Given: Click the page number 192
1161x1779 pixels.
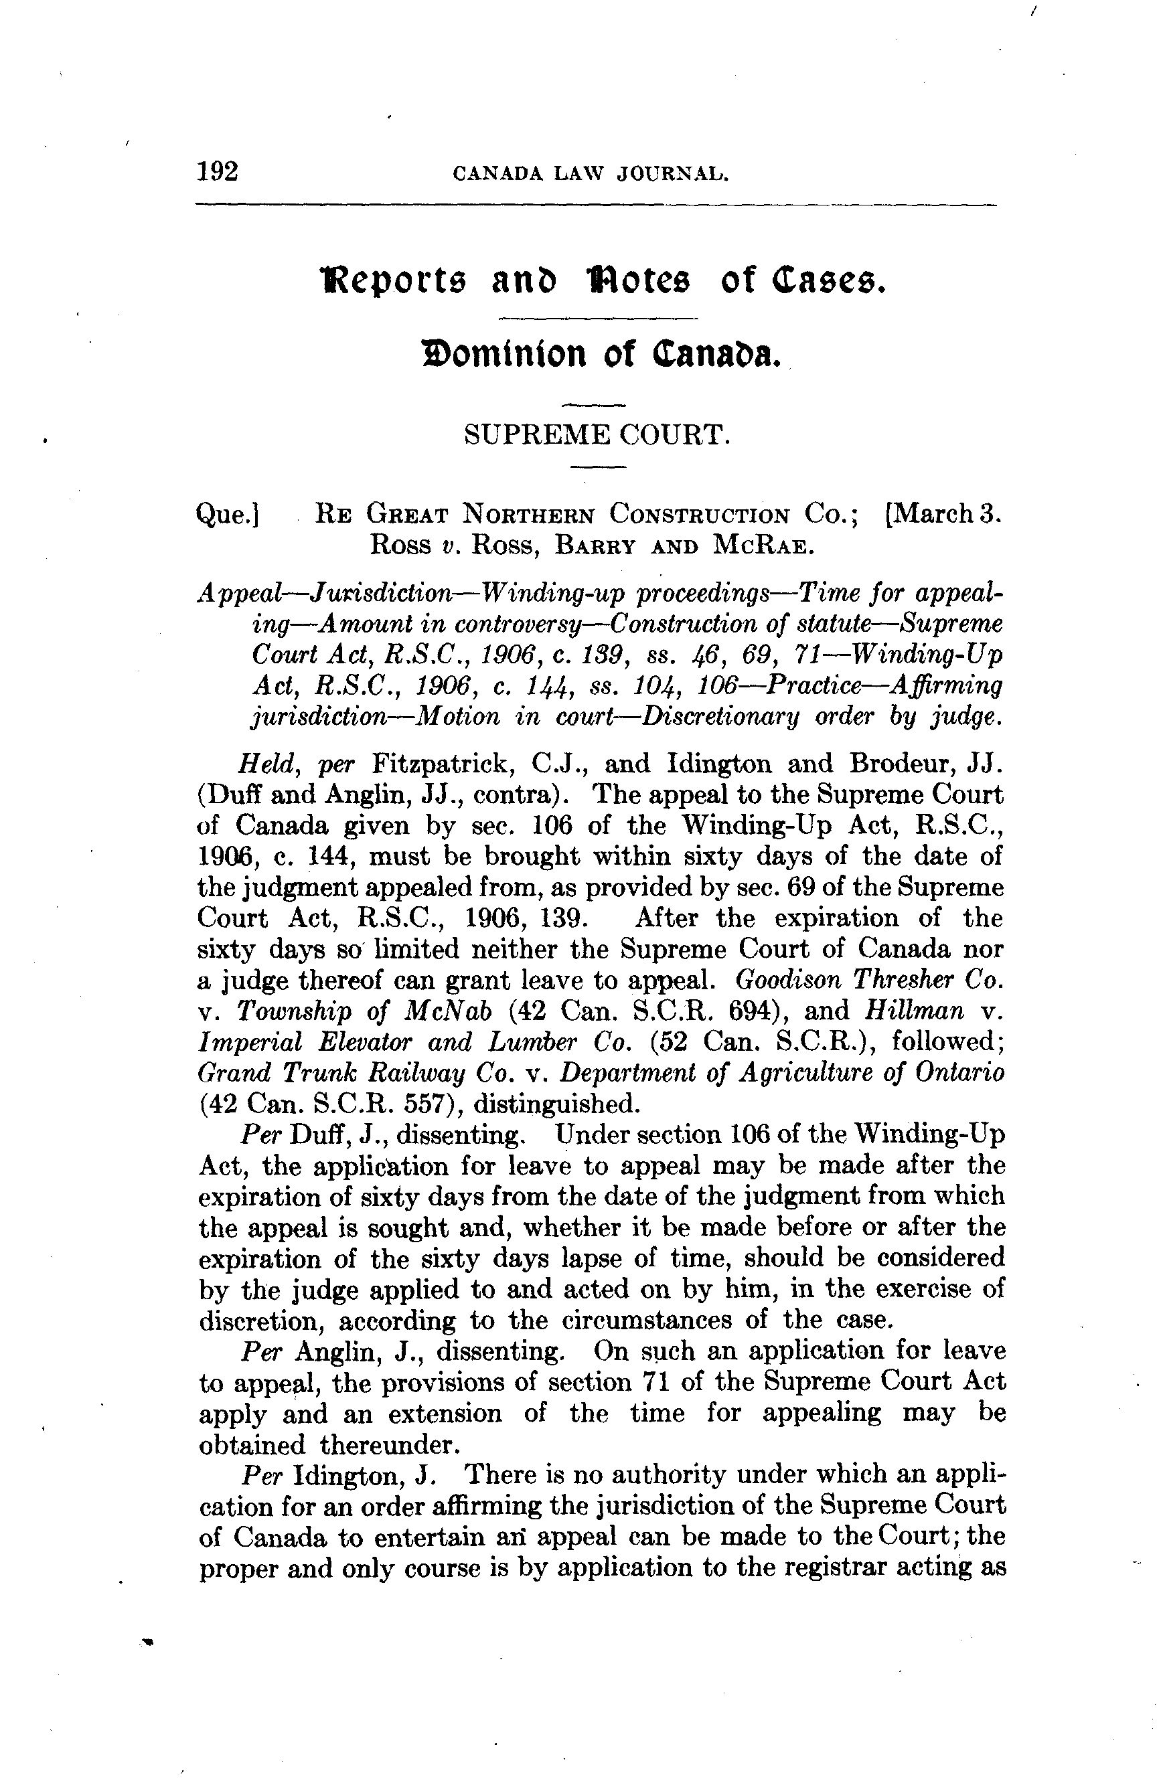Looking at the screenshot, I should coord(218,172).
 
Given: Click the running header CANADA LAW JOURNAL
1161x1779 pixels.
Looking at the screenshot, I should coord(591,174).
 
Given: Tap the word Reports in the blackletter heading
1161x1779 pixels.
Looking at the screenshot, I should coord(390,282).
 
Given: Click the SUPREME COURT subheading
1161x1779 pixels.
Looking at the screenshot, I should coord(596,434).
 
